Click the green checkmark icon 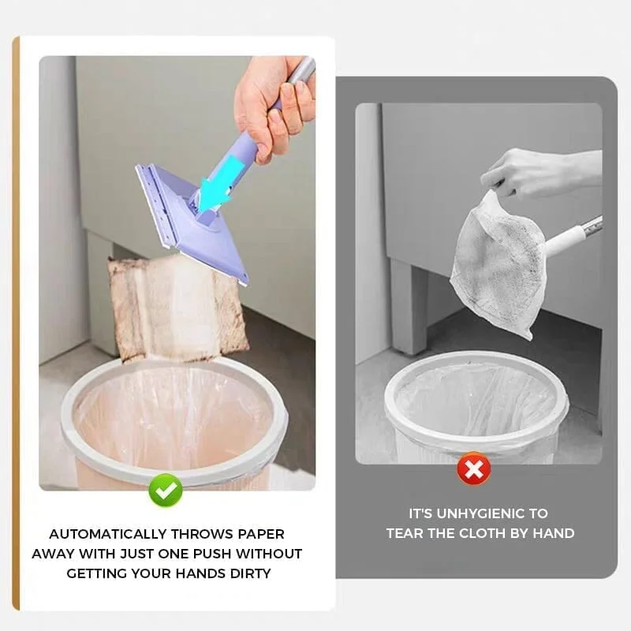(166, 490)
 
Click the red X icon (473, 470)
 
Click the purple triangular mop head (189, 225)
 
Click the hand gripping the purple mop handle (272, 103)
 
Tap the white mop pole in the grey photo (572, 237)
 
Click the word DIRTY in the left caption (245, 573)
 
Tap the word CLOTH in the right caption (475, 533)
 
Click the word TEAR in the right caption (405, 533)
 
